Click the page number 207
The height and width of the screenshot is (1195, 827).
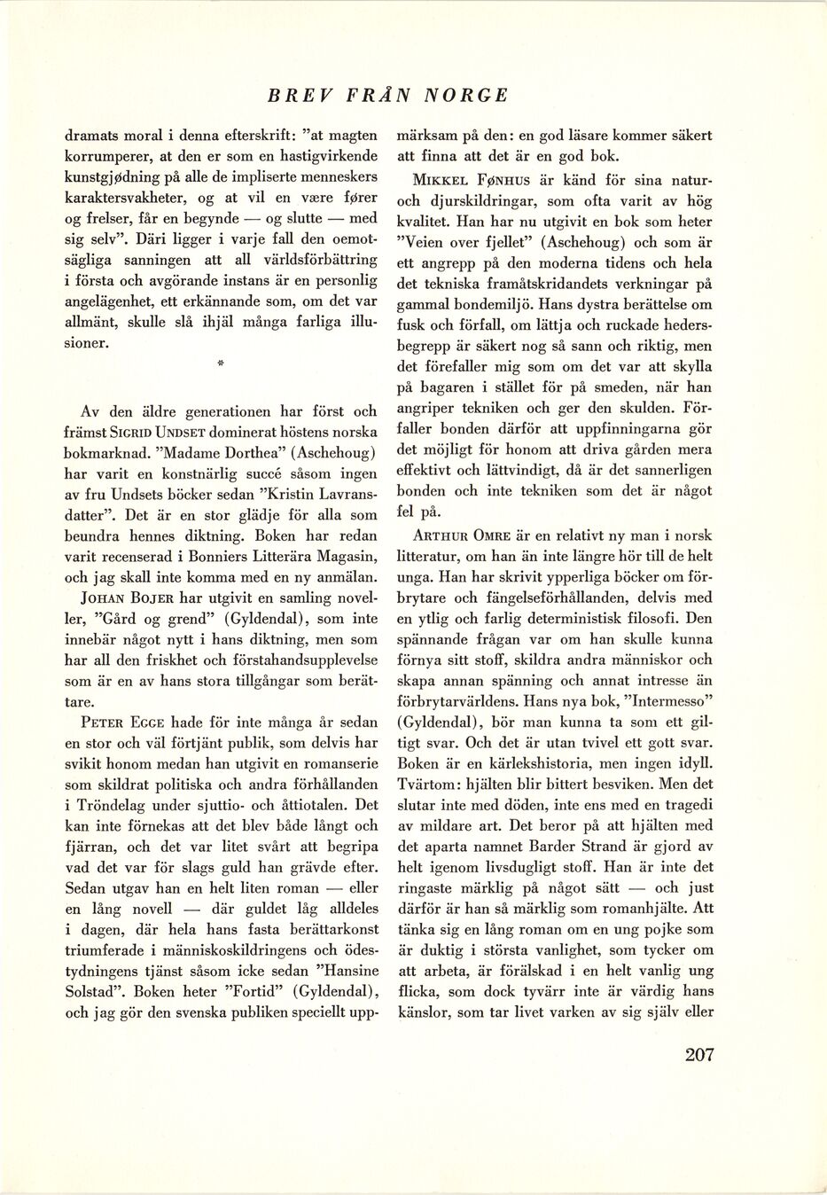pos(698,1055)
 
